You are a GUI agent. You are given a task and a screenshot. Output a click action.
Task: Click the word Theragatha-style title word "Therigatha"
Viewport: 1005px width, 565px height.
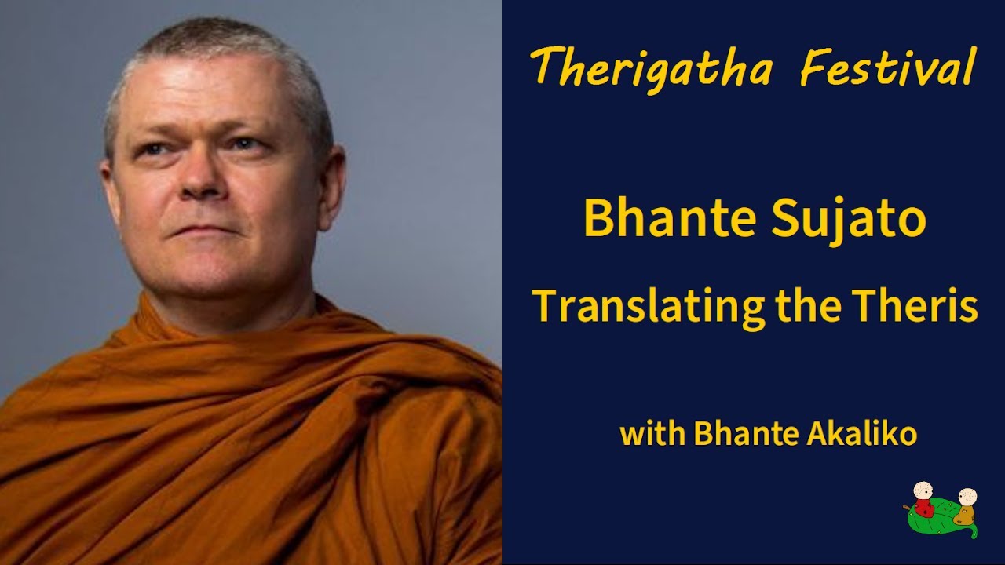coord(652,67)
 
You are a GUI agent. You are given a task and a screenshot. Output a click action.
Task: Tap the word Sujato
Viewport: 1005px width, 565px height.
coord(849,221)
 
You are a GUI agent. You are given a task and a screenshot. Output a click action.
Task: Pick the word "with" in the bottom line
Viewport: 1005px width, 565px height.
coord(652,433)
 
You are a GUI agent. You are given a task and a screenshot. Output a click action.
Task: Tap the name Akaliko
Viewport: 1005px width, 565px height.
coord(862,433)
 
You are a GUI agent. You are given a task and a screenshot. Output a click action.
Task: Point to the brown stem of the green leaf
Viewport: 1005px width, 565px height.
coord(907,508)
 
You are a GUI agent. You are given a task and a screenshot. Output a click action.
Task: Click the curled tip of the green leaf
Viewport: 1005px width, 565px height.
coord(973,534)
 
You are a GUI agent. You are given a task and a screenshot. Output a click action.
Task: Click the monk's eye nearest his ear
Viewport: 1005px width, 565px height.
coord(243,144)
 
